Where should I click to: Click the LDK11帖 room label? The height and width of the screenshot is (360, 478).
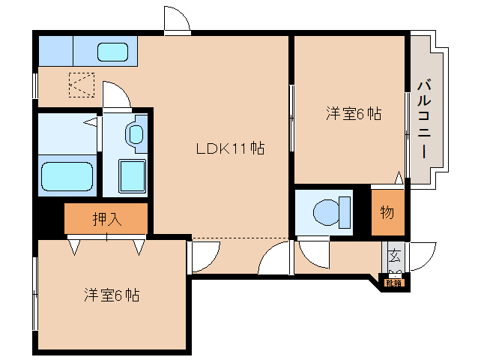pyautogui.click(x=229, y=148)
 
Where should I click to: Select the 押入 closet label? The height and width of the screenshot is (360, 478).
pyautogui.click(x=107, y=219)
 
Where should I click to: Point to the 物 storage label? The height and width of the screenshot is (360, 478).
pyautogui.click(x=387, y=212)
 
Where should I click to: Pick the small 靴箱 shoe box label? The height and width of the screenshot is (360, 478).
pyautogui.click(x=394, y=283)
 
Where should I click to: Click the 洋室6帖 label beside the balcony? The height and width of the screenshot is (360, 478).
pyautogui.click(x=353, y=114)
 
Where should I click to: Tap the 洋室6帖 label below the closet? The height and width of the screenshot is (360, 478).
pyautogui.click(x=111, y=295)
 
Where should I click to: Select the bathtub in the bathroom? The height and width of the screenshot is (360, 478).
pyautogui.click(x=68, y=177)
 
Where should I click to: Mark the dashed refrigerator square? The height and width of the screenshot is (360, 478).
pyautogui.click(x=81, y=84)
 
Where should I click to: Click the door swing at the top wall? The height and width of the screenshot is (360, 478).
pyautogui.click(x=178, y=19)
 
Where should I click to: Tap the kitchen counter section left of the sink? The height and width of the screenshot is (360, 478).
pyautogui.click(x=55, y=52)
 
